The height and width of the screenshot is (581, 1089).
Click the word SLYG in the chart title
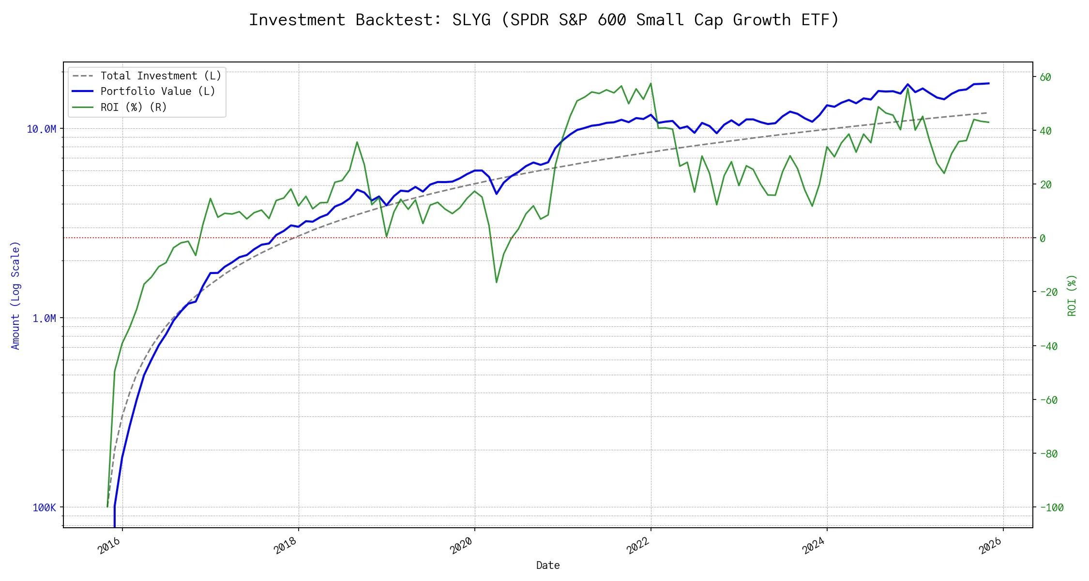471,20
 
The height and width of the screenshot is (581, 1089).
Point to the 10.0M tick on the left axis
42,129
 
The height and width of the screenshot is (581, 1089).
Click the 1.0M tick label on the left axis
44,319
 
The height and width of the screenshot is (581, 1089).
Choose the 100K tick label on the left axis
44,508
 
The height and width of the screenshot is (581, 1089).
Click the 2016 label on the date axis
109,546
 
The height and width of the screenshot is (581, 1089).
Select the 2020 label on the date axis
461,546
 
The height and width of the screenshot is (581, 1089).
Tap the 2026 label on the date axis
990,546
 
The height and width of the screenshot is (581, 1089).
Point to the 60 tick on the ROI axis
1045,77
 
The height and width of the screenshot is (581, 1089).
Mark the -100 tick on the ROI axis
1051,508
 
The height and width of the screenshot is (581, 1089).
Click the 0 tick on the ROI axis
1042,239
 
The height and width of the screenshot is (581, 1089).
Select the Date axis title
548,566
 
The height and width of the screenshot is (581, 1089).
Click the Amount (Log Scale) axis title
15,295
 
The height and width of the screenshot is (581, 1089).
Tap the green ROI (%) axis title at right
1072,295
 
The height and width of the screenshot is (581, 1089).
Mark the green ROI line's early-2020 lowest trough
497,282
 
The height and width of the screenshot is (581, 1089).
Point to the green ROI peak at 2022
650,83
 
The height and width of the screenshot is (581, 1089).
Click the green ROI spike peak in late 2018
357,142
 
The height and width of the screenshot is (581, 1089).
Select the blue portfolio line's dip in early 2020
497,194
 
